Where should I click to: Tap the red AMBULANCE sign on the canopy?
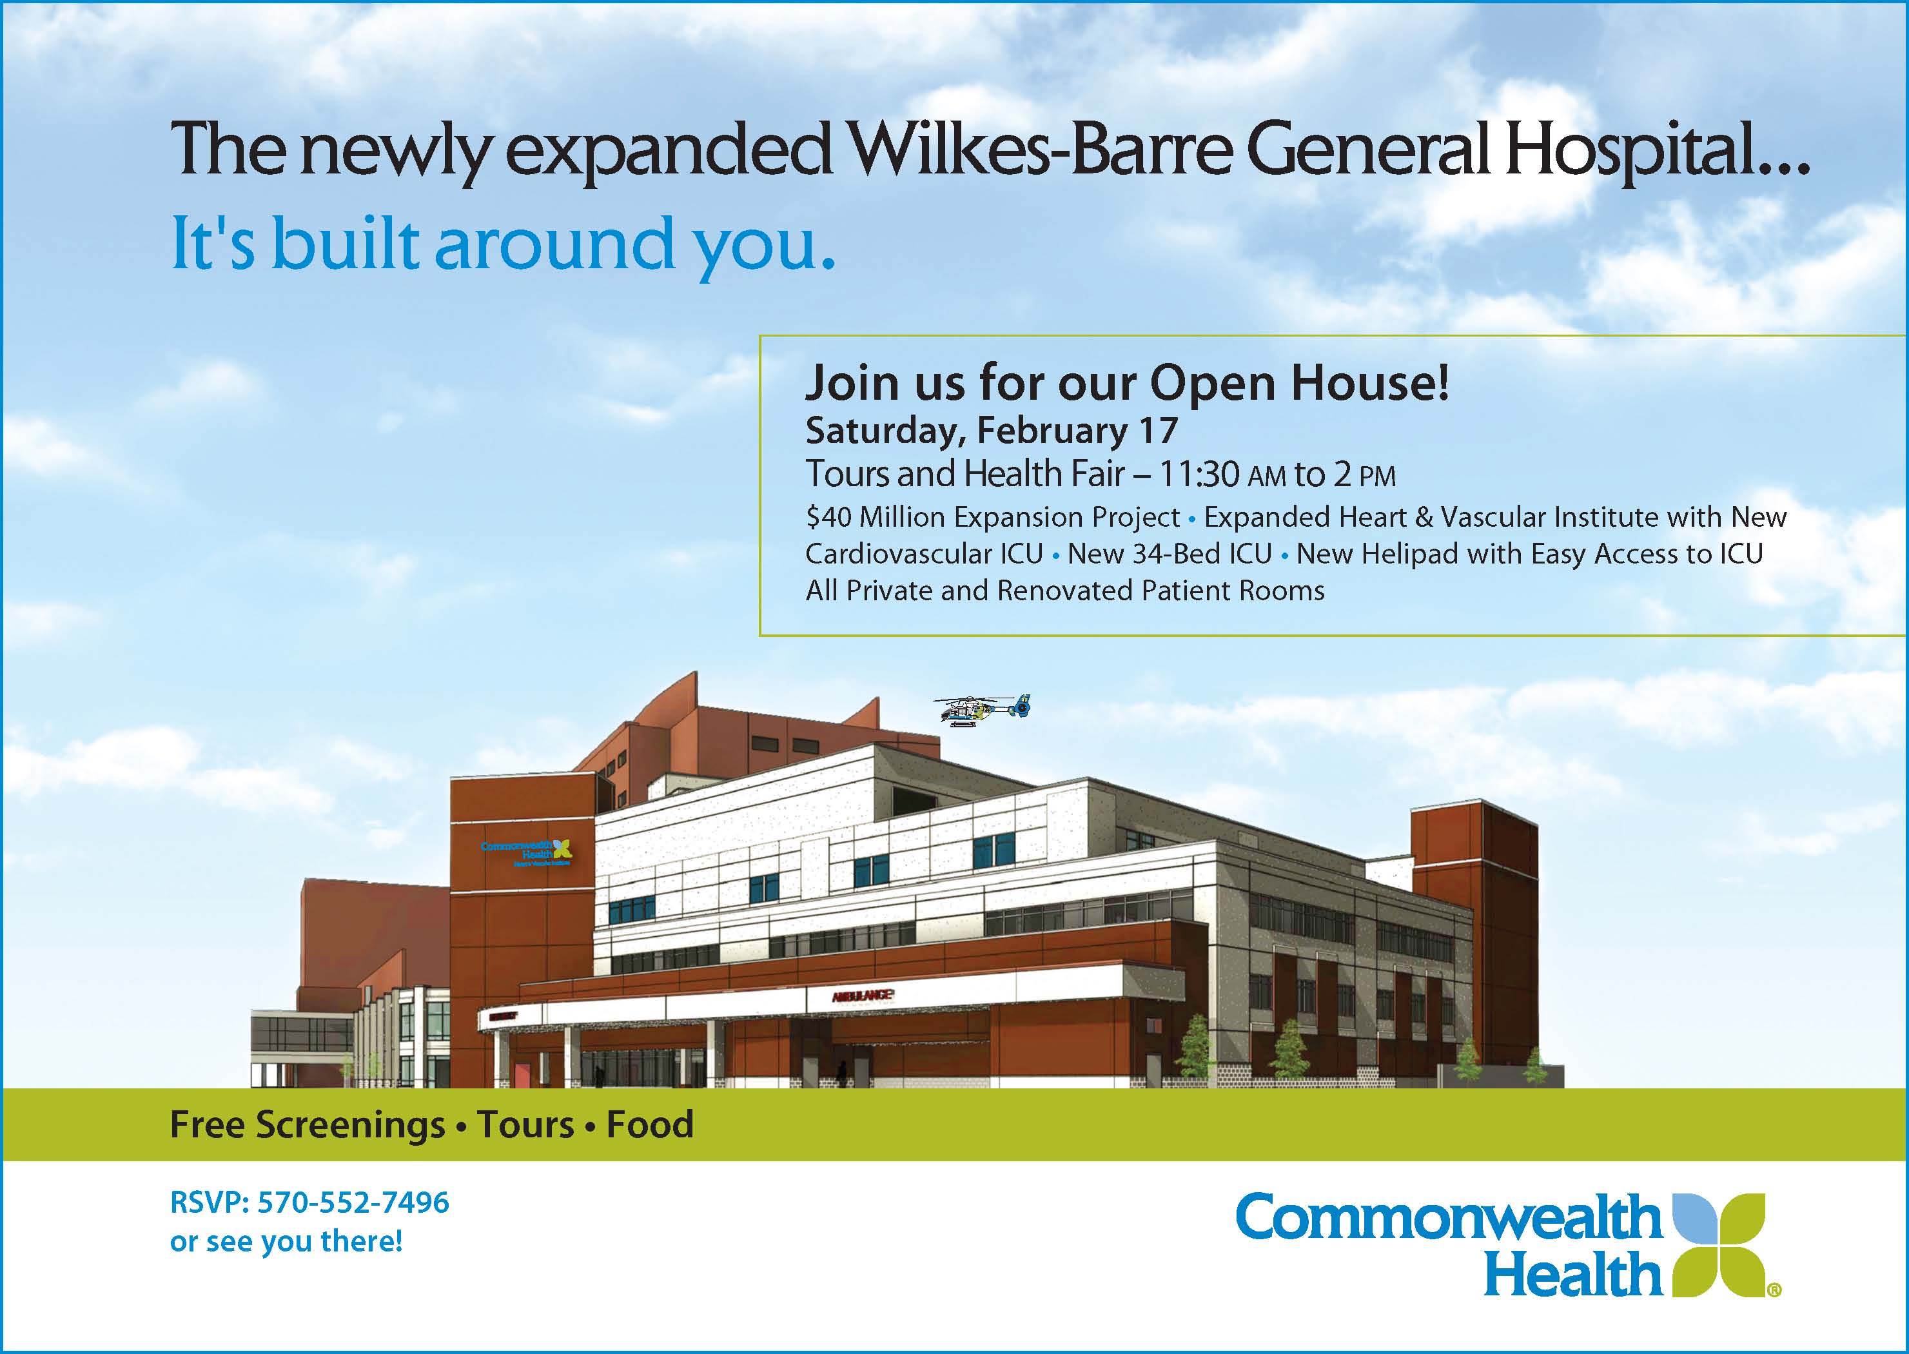[x=862, y=995]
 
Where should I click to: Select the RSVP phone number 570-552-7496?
[x=353, y=1202]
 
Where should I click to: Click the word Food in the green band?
[x=649, y=1124]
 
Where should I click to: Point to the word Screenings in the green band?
[x=350, y=1124]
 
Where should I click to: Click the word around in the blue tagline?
[x=554, y=244]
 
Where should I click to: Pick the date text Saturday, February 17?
[x=991, y=430]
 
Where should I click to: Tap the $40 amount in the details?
[x=828, y=518]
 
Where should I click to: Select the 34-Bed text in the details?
[x=1201, y=554]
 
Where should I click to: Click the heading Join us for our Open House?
[x=1127, y=384]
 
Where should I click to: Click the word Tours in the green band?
[x=525, y=1124]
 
